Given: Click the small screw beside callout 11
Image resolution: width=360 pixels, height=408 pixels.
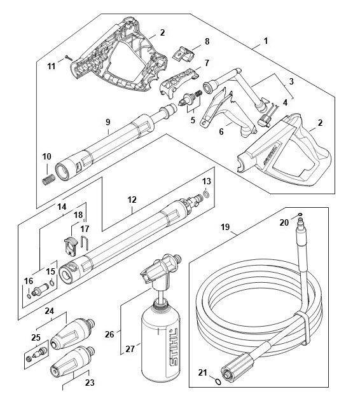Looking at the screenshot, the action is (x=69, y=57).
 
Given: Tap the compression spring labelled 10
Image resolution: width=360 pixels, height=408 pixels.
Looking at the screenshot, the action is (x=48, y=179).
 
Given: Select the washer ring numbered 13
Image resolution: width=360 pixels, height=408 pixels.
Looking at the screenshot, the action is (x=206, y=194).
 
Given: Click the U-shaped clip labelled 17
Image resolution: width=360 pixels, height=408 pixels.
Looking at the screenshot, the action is (x=85, y=242).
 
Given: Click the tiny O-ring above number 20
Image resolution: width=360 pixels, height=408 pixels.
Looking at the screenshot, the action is (x=300, y=215).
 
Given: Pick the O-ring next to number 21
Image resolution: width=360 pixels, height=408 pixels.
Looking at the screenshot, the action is (x=218, y=382).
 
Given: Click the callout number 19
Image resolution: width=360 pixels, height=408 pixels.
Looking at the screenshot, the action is (x=225, y=227).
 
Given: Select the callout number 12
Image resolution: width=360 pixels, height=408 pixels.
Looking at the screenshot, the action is (x=132, y=200).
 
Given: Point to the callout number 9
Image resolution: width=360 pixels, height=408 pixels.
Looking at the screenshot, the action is (x=108, y=122).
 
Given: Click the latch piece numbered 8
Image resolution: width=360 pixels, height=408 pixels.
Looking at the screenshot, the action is (x=184, y=53).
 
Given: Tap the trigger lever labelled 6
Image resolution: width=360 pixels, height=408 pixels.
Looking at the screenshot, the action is (x=228, y=115).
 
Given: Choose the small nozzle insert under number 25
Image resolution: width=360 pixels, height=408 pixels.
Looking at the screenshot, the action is (x=38, y=354).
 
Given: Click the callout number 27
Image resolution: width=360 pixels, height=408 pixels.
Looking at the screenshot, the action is (x=130, y=349).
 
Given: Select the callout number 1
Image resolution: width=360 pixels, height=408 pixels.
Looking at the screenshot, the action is (x=265, y=41).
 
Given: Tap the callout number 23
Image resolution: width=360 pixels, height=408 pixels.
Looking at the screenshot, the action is (x=90, y=383).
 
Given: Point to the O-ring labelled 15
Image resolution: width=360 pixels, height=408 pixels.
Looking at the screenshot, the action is (x=52, y=283).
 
